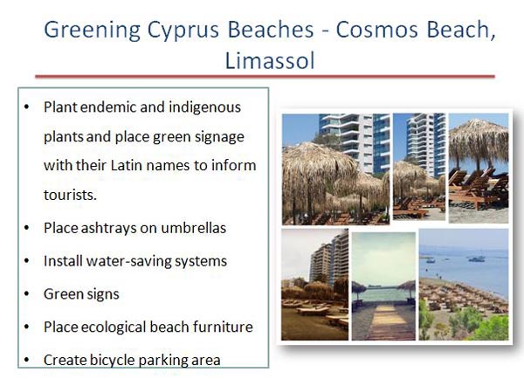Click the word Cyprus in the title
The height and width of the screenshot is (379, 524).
click(183, 31)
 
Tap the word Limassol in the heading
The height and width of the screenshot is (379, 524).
click(270, 60)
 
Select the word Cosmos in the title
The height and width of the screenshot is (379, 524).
click(376, 30)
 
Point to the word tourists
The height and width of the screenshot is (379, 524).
click(70, 195)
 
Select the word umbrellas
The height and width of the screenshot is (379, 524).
click(194, 228)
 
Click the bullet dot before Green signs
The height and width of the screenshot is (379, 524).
click(27, 294)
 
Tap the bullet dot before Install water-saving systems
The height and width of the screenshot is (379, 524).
click(27, 261)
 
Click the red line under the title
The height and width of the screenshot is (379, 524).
click(265, 77)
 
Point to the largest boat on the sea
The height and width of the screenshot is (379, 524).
click(476, 258)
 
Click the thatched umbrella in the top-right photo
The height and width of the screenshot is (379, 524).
click(479, 140)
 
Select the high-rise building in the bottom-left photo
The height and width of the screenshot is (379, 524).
click(329, 258)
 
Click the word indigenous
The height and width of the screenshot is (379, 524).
click(205, 107)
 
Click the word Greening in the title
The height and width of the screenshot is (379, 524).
click(93, 31)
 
